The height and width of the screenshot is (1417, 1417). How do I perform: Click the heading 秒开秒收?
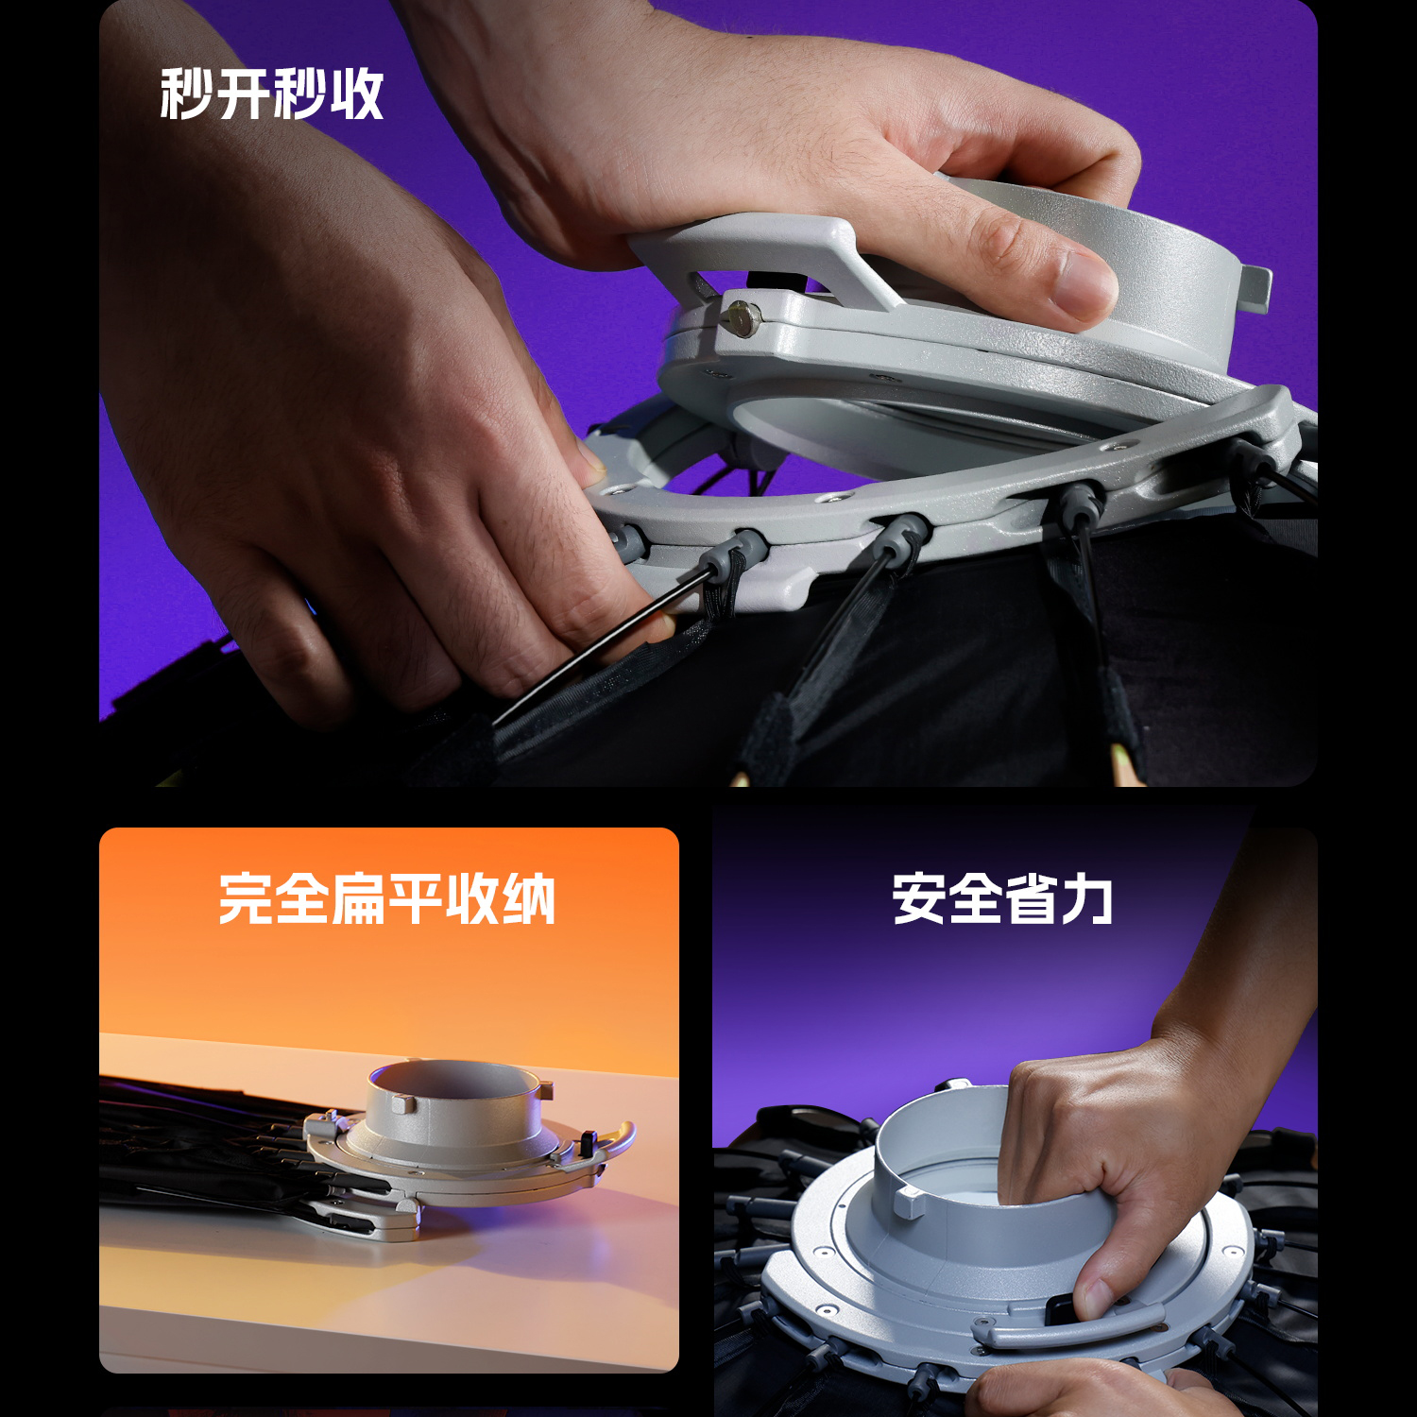[272, 94]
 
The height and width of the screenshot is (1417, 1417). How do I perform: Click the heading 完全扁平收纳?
[387, 898]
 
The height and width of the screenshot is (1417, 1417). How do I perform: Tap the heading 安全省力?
[1002, 898]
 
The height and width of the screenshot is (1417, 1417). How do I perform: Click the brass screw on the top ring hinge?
[743, 317]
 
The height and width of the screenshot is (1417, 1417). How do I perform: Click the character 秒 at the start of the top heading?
[186, 94]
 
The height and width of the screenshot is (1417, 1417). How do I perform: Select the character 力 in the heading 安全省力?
[1087, 898]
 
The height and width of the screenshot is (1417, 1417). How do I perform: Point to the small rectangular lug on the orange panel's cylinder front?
[403, 1103]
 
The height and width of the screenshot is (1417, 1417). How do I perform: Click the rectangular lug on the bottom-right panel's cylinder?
[911, 1203]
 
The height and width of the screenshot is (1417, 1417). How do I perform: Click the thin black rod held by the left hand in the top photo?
[586, 652]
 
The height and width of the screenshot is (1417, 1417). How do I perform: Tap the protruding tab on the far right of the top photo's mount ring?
[1256, 288]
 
